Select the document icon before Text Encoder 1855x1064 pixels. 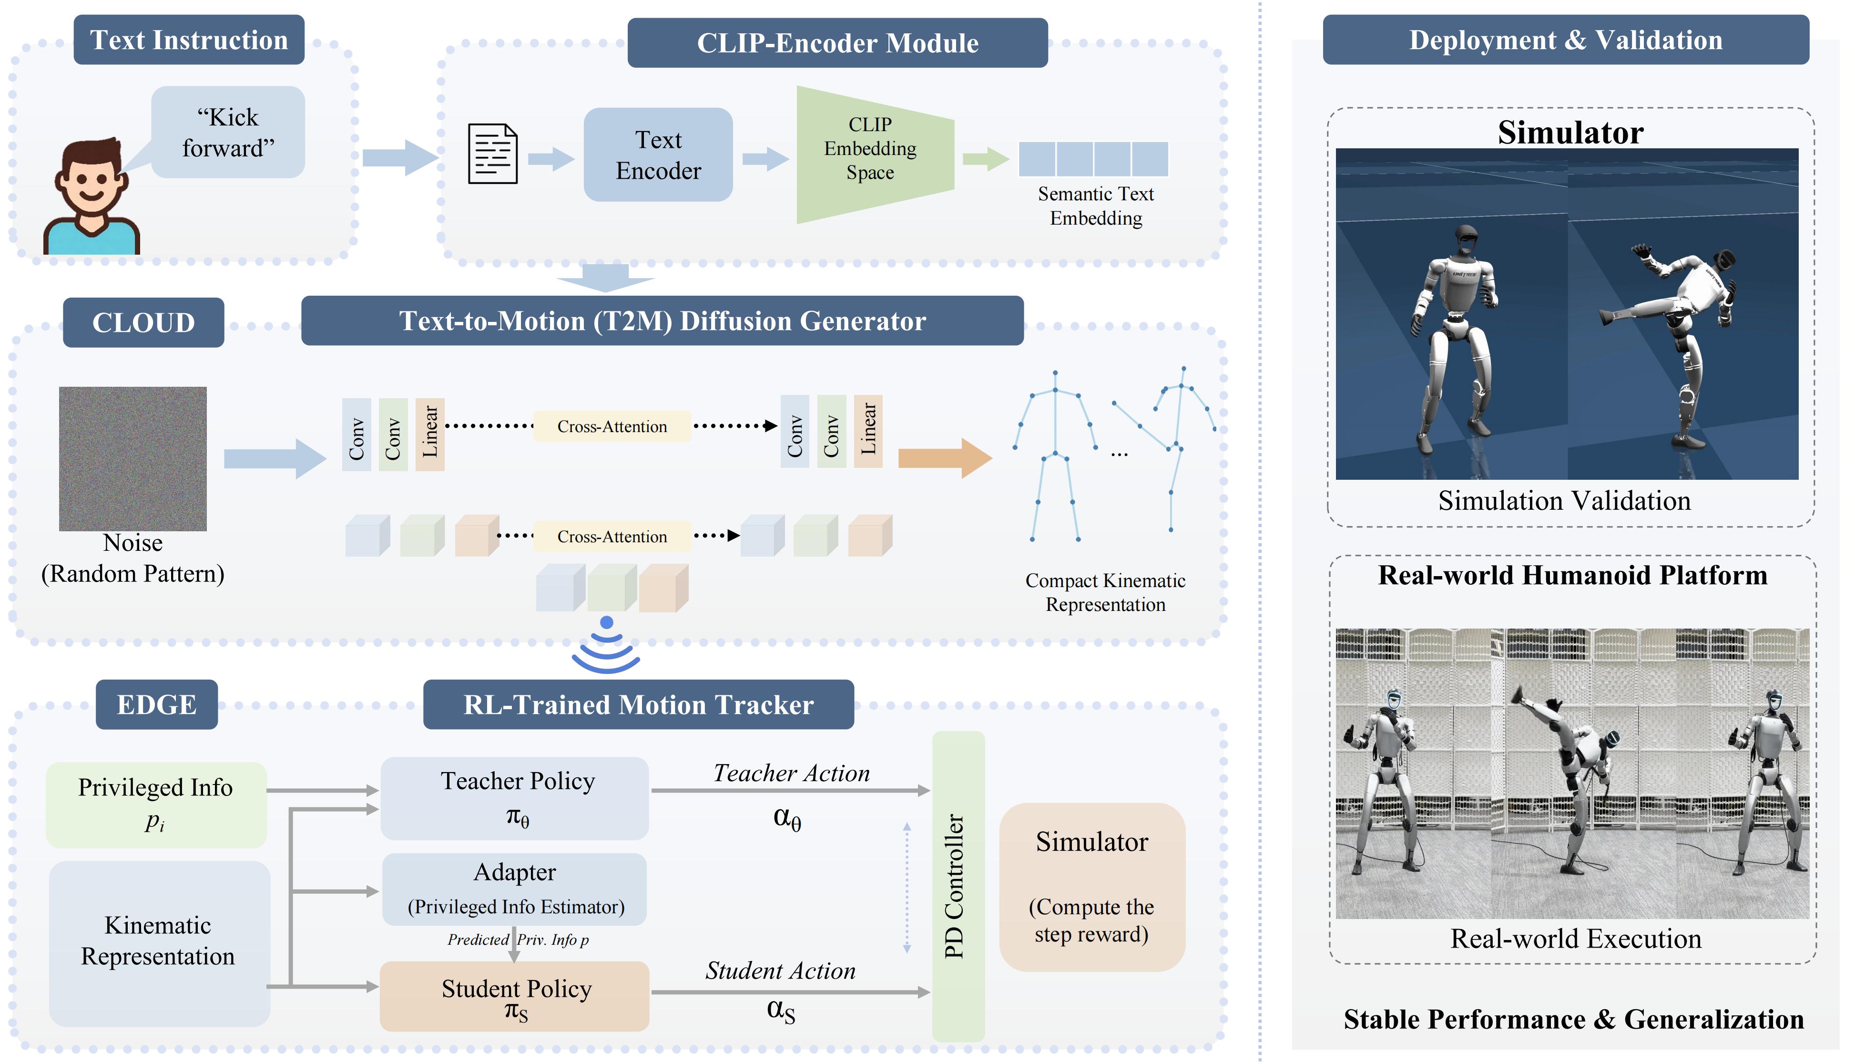[492, 154]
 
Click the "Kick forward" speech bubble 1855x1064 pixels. [228, 132]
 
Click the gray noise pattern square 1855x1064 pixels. [133, 458]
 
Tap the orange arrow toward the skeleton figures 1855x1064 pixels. [944, 458]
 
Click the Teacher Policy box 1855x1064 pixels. [515, 798]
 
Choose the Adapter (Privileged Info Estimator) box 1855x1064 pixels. [515, 888]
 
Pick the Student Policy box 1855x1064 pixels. [515, 996]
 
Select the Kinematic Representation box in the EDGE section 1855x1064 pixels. [159, 943]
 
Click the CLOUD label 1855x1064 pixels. [143, 322]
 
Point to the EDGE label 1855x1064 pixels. [156, 704]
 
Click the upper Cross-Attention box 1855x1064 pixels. [612, 426]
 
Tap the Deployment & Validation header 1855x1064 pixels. [1565, 40]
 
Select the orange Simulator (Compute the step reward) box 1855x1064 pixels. [1091, 887]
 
